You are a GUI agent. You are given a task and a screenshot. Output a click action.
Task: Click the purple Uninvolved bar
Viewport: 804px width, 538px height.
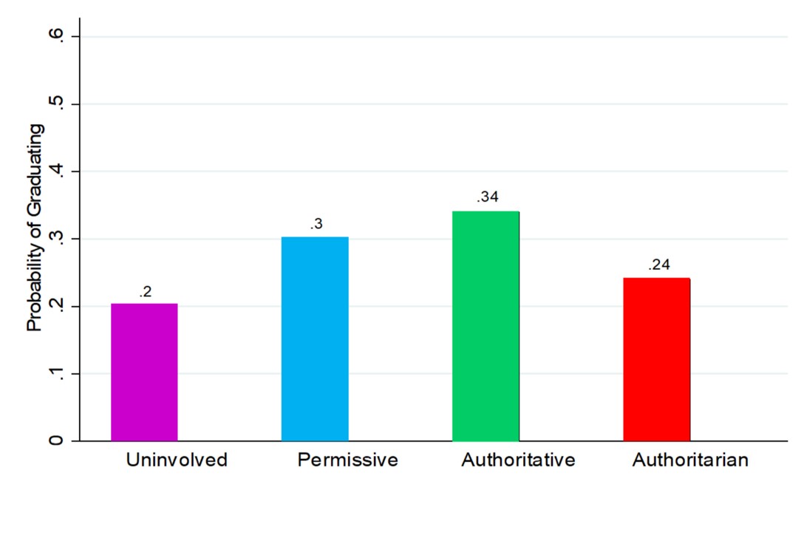144,372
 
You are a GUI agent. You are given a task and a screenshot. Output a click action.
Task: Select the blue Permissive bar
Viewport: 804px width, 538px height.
315,338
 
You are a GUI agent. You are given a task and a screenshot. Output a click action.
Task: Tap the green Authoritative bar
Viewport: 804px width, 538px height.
486,326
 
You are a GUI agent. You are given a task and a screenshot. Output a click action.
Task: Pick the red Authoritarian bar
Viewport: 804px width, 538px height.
656,359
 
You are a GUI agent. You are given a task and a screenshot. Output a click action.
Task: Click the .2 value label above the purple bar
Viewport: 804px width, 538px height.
145,292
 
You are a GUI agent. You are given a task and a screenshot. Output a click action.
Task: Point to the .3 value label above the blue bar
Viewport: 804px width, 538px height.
316,224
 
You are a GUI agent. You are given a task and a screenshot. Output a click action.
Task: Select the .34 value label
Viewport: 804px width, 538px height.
487,197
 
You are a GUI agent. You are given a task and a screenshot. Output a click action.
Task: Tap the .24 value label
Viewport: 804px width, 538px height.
658,265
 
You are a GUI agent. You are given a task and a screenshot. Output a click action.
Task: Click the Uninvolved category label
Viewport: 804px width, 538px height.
177,460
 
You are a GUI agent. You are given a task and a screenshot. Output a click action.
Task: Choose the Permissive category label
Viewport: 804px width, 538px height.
347,460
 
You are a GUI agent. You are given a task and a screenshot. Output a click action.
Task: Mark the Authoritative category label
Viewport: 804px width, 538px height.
518,460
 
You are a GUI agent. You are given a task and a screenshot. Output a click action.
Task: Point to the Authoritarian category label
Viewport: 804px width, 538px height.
690,460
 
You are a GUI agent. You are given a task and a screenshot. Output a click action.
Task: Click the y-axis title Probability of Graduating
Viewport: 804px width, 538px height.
35,228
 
